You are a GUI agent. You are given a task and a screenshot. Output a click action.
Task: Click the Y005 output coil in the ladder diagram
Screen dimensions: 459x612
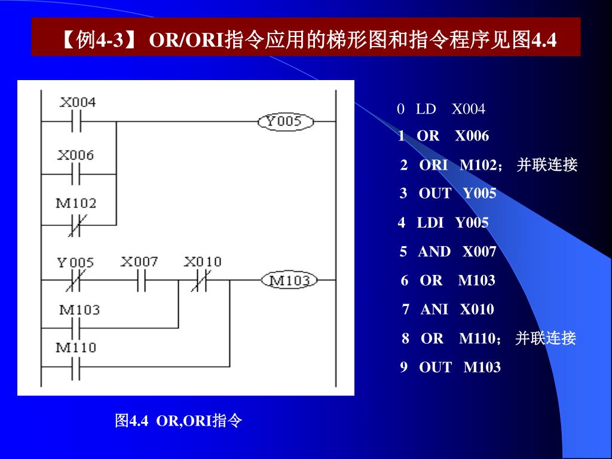click(x=286, y=122)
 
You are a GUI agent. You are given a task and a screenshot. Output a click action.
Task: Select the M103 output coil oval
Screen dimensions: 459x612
click(x=289, y=280)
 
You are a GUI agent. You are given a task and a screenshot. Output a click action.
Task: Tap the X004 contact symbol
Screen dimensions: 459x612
click(x=76, y=122)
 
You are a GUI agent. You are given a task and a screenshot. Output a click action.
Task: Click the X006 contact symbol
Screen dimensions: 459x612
click(x=76, y=175)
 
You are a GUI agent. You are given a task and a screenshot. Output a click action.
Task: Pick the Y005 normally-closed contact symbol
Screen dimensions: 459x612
click(x=76, y=280)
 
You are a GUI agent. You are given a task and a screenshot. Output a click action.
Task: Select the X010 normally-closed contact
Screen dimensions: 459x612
click(x=199, y=280)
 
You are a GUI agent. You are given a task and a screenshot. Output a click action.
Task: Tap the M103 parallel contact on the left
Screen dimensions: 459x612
click(x=76, y=328)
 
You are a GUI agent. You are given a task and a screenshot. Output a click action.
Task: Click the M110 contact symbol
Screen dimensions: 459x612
click(x=76, y=366)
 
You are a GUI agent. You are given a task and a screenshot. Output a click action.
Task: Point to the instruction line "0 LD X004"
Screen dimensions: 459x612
click(x=441, y=109)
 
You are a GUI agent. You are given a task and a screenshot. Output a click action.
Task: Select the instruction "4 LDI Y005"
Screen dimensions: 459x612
click(x=443, y=223)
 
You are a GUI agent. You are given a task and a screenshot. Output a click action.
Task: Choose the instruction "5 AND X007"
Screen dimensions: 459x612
click(x=448, y=252)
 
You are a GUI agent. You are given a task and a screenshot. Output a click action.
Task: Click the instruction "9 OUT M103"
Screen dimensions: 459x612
click(x=451, y=367)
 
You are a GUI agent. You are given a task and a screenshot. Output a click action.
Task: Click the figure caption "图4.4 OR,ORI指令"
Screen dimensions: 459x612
click(x=178, y=421)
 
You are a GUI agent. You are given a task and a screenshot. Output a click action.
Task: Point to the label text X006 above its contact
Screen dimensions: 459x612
click(x=76, y=155)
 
